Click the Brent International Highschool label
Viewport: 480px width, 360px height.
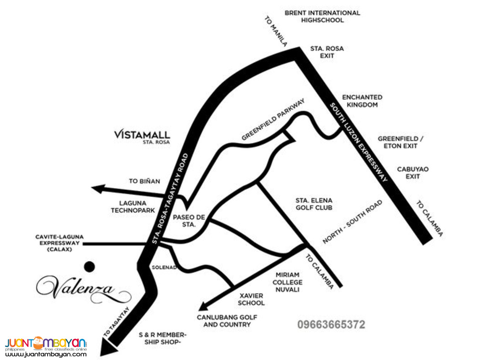[x=322, y=16]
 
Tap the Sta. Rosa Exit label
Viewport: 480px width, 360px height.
[x=327, y=52]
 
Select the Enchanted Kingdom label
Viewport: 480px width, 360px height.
[x=362, y=101]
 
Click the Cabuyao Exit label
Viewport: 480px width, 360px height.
[x=412, y=172]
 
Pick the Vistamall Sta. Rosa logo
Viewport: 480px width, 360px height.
[x=142, y=136]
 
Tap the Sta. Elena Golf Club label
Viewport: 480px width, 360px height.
[x=314, y=204]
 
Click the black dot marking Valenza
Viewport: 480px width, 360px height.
[x=91, y=266]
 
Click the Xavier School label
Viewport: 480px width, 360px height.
[x=251, y=299]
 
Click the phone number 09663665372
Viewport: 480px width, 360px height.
[x=331, y=324]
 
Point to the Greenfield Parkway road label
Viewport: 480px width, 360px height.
[x=273, y=120]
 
